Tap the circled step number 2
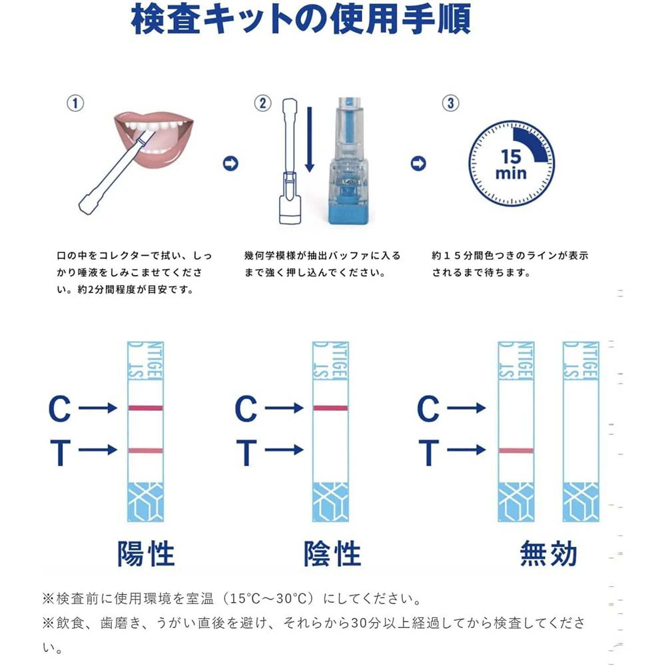tap(263, 104)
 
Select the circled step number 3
tap(451, 104)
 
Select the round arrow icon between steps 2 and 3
tap(418, 163)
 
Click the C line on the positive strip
tap(145, 408)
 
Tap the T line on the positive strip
tap(145, 451)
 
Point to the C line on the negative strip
tap(331, 408)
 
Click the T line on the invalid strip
tap(516, 451)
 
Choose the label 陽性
tap(146, 553)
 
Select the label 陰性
tap(332, 553)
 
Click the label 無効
tap(548, 553)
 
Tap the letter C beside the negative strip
tap(245, 409)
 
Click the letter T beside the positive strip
tap(60, 453)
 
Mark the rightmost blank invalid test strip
tap(581, 433)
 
